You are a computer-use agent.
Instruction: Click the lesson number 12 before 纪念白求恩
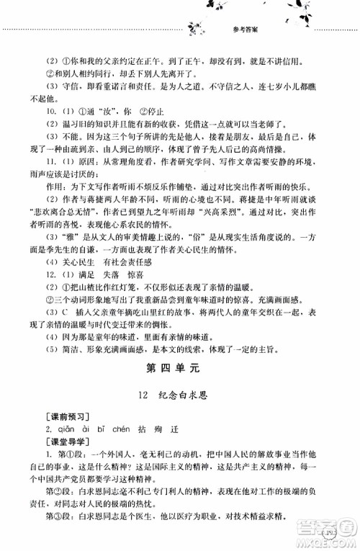coord(147,400)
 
